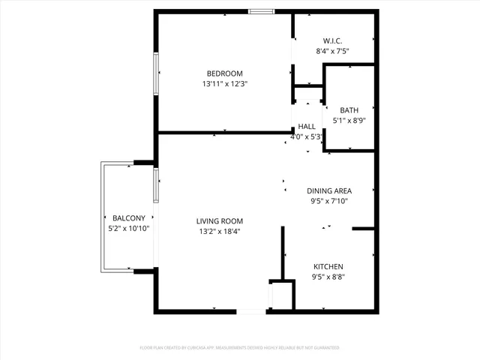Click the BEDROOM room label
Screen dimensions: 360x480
pyautogui.click(x=224, y=73)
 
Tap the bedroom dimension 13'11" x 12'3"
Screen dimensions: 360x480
pyautogui.click(x=224, y=84)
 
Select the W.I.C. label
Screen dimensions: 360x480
pyautogui.click(x=333, y=40)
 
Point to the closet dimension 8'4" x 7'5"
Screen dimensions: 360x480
pyautogui.click(x=333, y=51)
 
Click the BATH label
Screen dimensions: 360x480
pyautogui.click(x=349, y=110)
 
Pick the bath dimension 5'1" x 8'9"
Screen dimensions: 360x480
pyautogui.click(x=349, y=121)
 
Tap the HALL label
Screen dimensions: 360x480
pyautogui.click(x=307, y=127)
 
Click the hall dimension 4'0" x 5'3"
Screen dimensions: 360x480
pyautogui.click(x=307, y=137)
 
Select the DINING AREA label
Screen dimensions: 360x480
pyautogui.click(x=329, y=190)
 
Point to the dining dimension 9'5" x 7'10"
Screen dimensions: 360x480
pyautogui.click(x=329, y=201)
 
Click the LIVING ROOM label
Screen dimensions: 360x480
pyautogui.click(x=220, y=221)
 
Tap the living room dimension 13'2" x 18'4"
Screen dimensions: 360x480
pyautogui.click(x=220, y=232)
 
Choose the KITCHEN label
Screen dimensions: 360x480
pyautogui.click(x=328, y=267)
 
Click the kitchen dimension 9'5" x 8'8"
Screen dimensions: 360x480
pyautogui.click(x=328, y=277)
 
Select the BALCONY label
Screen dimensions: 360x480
pyautogui.click(x=129, y=218)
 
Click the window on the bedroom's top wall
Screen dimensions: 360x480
pyautogui.click(x=261, y=11)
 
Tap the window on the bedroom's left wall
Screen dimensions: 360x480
pyautogui.click(x=156, y=74)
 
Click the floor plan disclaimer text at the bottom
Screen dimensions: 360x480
pyautogui.click(x=240, y=348)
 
